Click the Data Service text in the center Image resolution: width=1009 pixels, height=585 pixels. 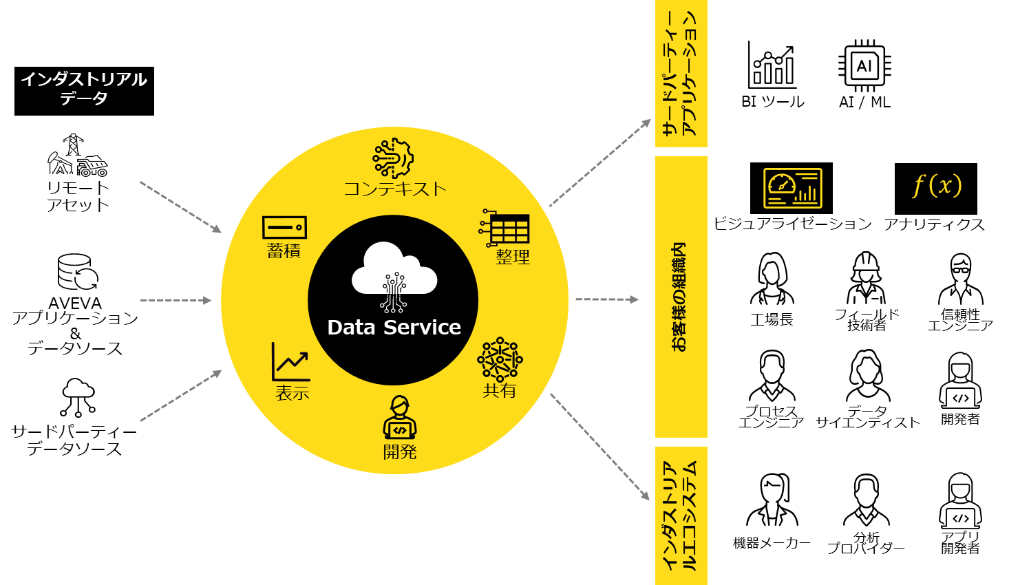(x=394, y=328)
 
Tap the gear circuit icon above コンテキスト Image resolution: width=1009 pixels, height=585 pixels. (x=393, y=158)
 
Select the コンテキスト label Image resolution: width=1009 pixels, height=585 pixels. (x=395, y=189)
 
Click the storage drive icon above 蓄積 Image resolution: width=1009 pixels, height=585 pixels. (x=284, y=227)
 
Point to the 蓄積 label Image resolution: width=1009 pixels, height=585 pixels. (x=284, y=251)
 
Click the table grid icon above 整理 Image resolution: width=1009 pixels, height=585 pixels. (x=506, y=228)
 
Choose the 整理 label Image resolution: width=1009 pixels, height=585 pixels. (x=513, y=257)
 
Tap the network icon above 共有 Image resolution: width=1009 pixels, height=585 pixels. (x=500, y=359)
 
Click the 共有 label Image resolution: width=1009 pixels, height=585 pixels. (x=500, y=391)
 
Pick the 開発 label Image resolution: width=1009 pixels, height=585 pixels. (x=400, y=452)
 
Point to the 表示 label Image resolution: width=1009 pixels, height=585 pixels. (x=293, y=393)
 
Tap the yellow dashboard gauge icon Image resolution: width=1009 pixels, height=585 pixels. (x=793, y=188)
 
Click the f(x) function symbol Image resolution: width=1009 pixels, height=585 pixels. (x=937, y=185)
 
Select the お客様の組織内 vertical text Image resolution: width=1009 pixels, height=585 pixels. (x=680, y=297)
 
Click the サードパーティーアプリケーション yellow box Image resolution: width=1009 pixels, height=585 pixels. (x=681, y=73)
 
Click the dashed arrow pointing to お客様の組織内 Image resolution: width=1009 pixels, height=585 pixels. (x=606, y=299)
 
